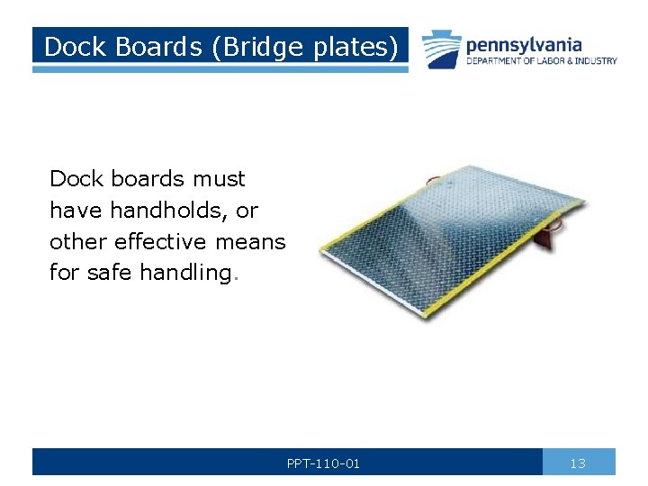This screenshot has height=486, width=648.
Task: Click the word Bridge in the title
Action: pos(254,46)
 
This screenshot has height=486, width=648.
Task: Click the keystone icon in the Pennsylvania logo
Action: pos(442,50)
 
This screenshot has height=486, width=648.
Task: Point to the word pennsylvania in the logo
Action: pos(523,44)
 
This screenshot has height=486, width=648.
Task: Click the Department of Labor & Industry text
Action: pos(541,61)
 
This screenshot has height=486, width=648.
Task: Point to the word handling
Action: pos(186,273)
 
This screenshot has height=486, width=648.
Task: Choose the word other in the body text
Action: pos(76,242)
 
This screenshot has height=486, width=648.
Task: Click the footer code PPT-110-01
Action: pos(323,463)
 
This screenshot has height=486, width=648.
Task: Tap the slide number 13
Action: pos(578,463)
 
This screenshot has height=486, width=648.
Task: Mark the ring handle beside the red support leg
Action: pos(566,217)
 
